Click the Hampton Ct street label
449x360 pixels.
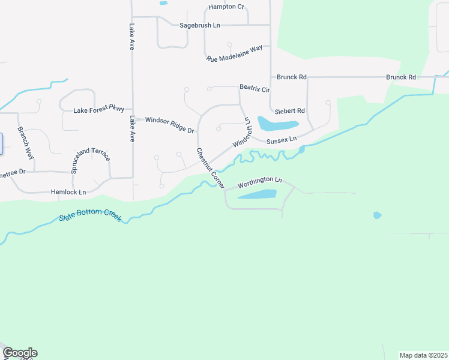click(226, 7)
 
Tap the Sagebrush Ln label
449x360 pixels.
click(200, 25)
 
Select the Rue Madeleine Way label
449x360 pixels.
click(235, 53)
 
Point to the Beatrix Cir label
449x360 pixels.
click(255, 88)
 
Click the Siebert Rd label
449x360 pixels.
click(290, 111)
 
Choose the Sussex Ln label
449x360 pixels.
click(282, 139)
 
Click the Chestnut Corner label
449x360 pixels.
click(210, 169)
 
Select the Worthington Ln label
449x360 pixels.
click(259, 180)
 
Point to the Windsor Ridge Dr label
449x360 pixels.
click(170, 125)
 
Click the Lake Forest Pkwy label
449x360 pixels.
click(98, 110)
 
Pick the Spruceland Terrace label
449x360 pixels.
click(91, 161)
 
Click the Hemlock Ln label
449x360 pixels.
click(68, 192)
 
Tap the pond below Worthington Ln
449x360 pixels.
click(257, 194)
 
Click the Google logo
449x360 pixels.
click(20, 353)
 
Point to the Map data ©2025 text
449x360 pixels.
click(423, 355)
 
